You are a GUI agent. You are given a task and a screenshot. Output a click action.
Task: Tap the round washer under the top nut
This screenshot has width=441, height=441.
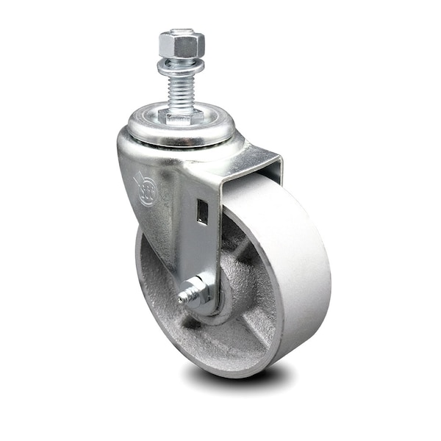(180, 68)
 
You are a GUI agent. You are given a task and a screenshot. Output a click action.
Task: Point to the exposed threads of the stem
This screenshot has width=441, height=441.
(180, 92)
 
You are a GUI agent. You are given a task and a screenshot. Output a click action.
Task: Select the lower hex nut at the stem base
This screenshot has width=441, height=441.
(182, 115)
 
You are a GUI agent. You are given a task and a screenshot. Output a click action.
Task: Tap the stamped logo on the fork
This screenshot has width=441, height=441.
(145, 188)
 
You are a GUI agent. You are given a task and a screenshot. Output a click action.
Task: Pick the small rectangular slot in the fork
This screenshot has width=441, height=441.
(203, 212)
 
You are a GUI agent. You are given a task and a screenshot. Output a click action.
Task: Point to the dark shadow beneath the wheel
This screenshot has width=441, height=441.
(235, 379)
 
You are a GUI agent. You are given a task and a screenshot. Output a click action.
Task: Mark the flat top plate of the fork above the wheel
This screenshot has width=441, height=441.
(243, 158)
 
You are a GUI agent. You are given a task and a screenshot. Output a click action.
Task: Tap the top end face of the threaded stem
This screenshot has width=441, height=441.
(179, 32)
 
